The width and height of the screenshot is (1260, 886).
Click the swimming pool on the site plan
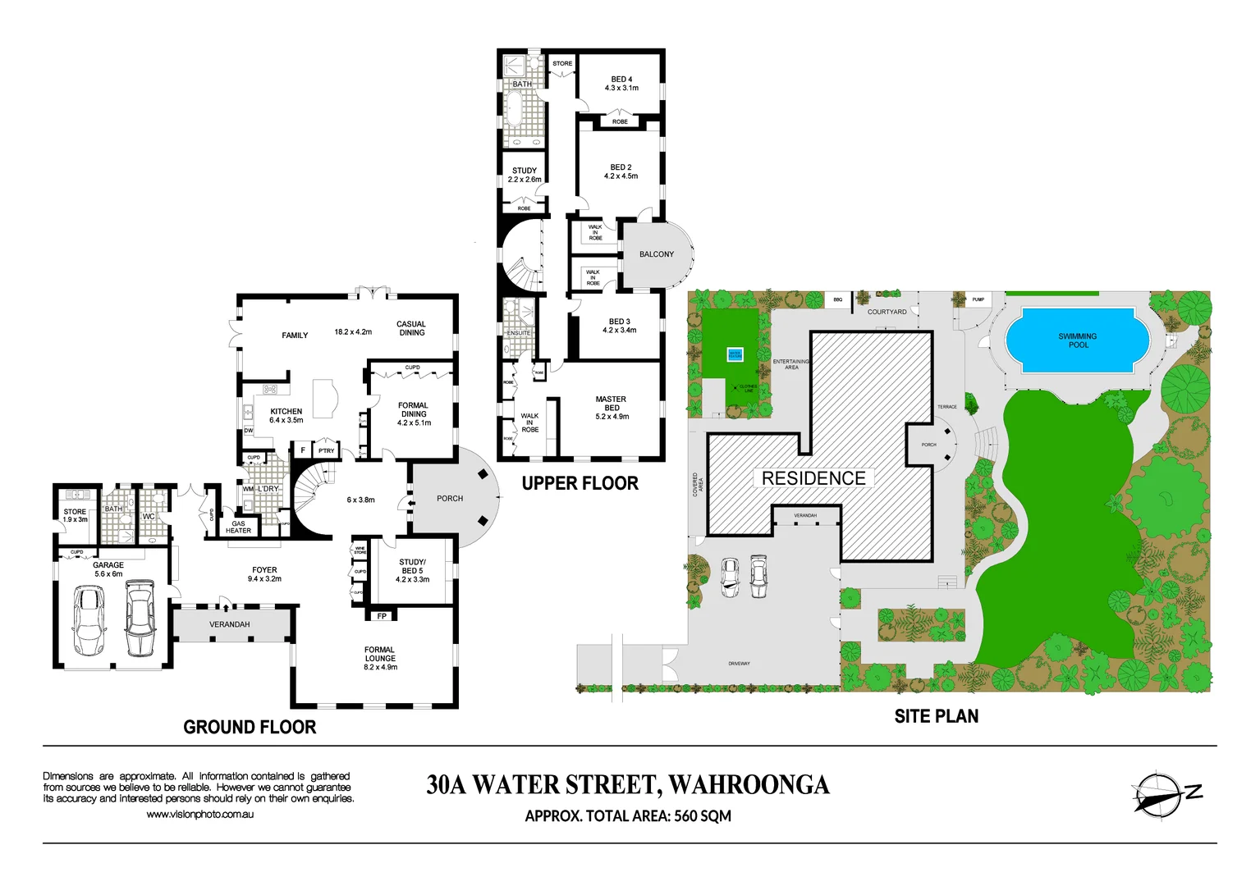pos(1077,340)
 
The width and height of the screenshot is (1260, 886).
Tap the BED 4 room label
pos(621,84)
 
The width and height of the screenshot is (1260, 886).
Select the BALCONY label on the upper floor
pos(657,254)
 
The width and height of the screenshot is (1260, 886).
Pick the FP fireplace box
pos(382,616)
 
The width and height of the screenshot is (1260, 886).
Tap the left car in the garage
pos(89,620)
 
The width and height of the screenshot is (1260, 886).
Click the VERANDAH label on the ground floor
pos(230,624)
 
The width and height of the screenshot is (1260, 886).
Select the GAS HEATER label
pos(238,527)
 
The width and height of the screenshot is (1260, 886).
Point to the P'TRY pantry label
pos(327,450)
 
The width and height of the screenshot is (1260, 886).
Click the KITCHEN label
pos(286,415)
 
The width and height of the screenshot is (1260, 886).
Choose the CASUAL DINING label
pos(411,328)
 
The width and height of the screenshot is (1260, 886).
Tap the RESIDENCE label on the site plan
pos(813,478)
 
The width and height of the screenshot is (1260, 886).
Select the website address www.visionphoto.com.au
pos(199,815)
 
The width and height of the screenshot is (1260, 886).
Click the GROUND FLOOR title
pos(250,727)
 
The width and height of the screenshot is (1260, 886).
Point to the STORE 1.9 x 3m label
pos(75,515)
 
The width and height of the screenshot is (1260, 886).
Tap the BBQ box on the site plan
pos(837,299)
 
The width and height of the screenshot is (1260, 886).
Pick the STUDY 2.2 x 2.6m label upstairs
pos(525,175)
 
